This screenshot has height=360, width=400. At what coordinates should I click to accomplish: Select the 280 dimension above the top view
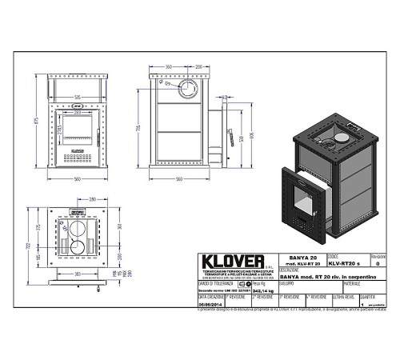point(93,198)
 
